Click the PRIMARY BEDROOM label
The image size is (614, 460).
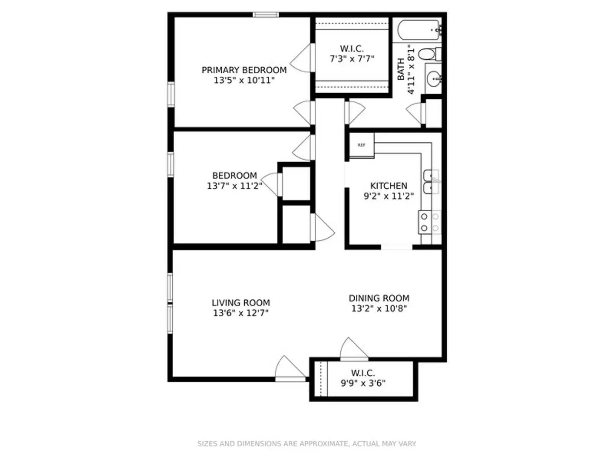[x=244, y=70]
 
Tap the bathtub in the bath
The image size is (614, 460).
[x=419, y=30]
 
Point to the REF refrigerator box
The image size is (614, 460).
[x=362, y=145]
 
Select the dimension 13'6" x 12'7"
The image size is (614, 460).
[x=241, y=313]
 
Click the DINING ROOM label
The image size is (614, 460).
[x=379, y=298]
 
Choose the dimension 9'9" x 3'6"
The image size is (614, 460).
[x=363, y=383]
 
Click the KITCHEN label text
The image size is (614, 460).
[x=388, y=186]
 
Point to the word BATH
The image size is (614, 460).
[x=401, y=69]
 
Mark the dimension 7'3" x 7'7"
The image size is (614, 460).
[x=352, y=59]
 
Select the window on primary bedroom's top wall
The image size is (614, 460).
[x=266, y=15]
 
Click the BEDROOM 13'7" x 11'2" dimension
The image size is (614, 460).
[x=234, y=186]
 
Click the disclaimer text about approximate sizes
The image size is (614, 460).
[x=307, y=443]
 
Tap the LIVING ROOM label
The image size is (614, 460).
[x=241, y=303]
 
